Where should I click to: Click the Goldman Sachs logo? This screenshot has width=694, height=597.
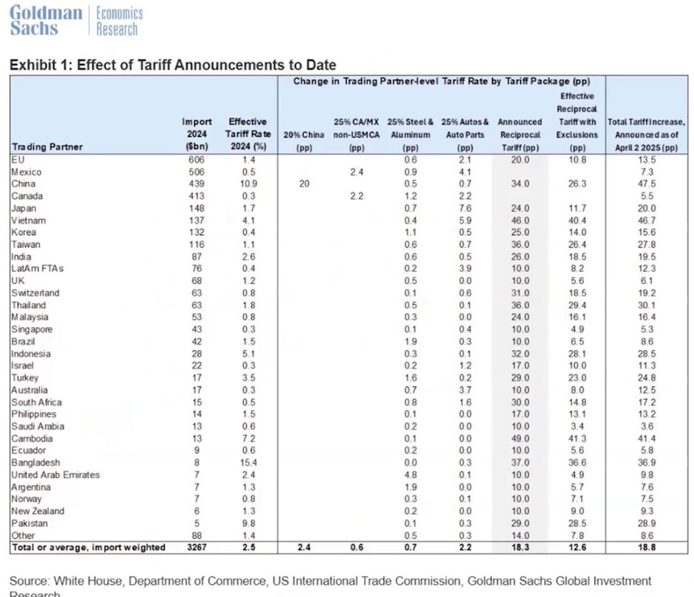[47, 21]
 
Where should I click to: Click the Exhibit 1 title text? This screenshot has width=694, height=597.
[173, 65]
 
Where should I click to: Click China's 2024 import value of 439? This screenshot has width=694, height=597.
[197, 184]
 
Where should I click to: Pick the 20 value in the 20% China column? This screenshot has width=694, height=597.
[304, 184]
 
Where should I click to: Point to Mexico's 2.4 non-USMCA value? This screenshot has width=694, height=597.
[357, 172]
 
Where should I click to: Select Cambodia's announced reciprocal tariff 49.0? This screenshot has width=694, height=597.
[520, 438]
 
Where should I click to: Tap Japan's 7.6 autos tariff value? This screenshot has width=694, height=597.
[465, 208]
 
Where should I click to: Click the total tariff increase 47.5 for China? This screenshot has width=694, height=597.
[646, 184]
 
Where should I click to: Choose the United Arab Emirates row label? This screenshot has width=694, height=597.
[55, 475]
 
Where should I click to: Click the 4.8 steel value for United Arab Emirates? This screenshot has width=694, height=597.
[410, 475]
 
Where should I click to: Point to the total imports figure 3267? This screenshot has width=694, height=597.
[197, 547]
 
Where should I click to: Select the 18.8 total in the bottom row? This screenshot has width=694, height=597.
[646, 547]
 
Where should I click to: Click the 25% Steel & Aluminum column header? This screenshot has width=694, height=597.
[410, 134]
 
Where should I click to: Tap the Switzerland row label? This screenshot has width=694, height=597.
[35, 293]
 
